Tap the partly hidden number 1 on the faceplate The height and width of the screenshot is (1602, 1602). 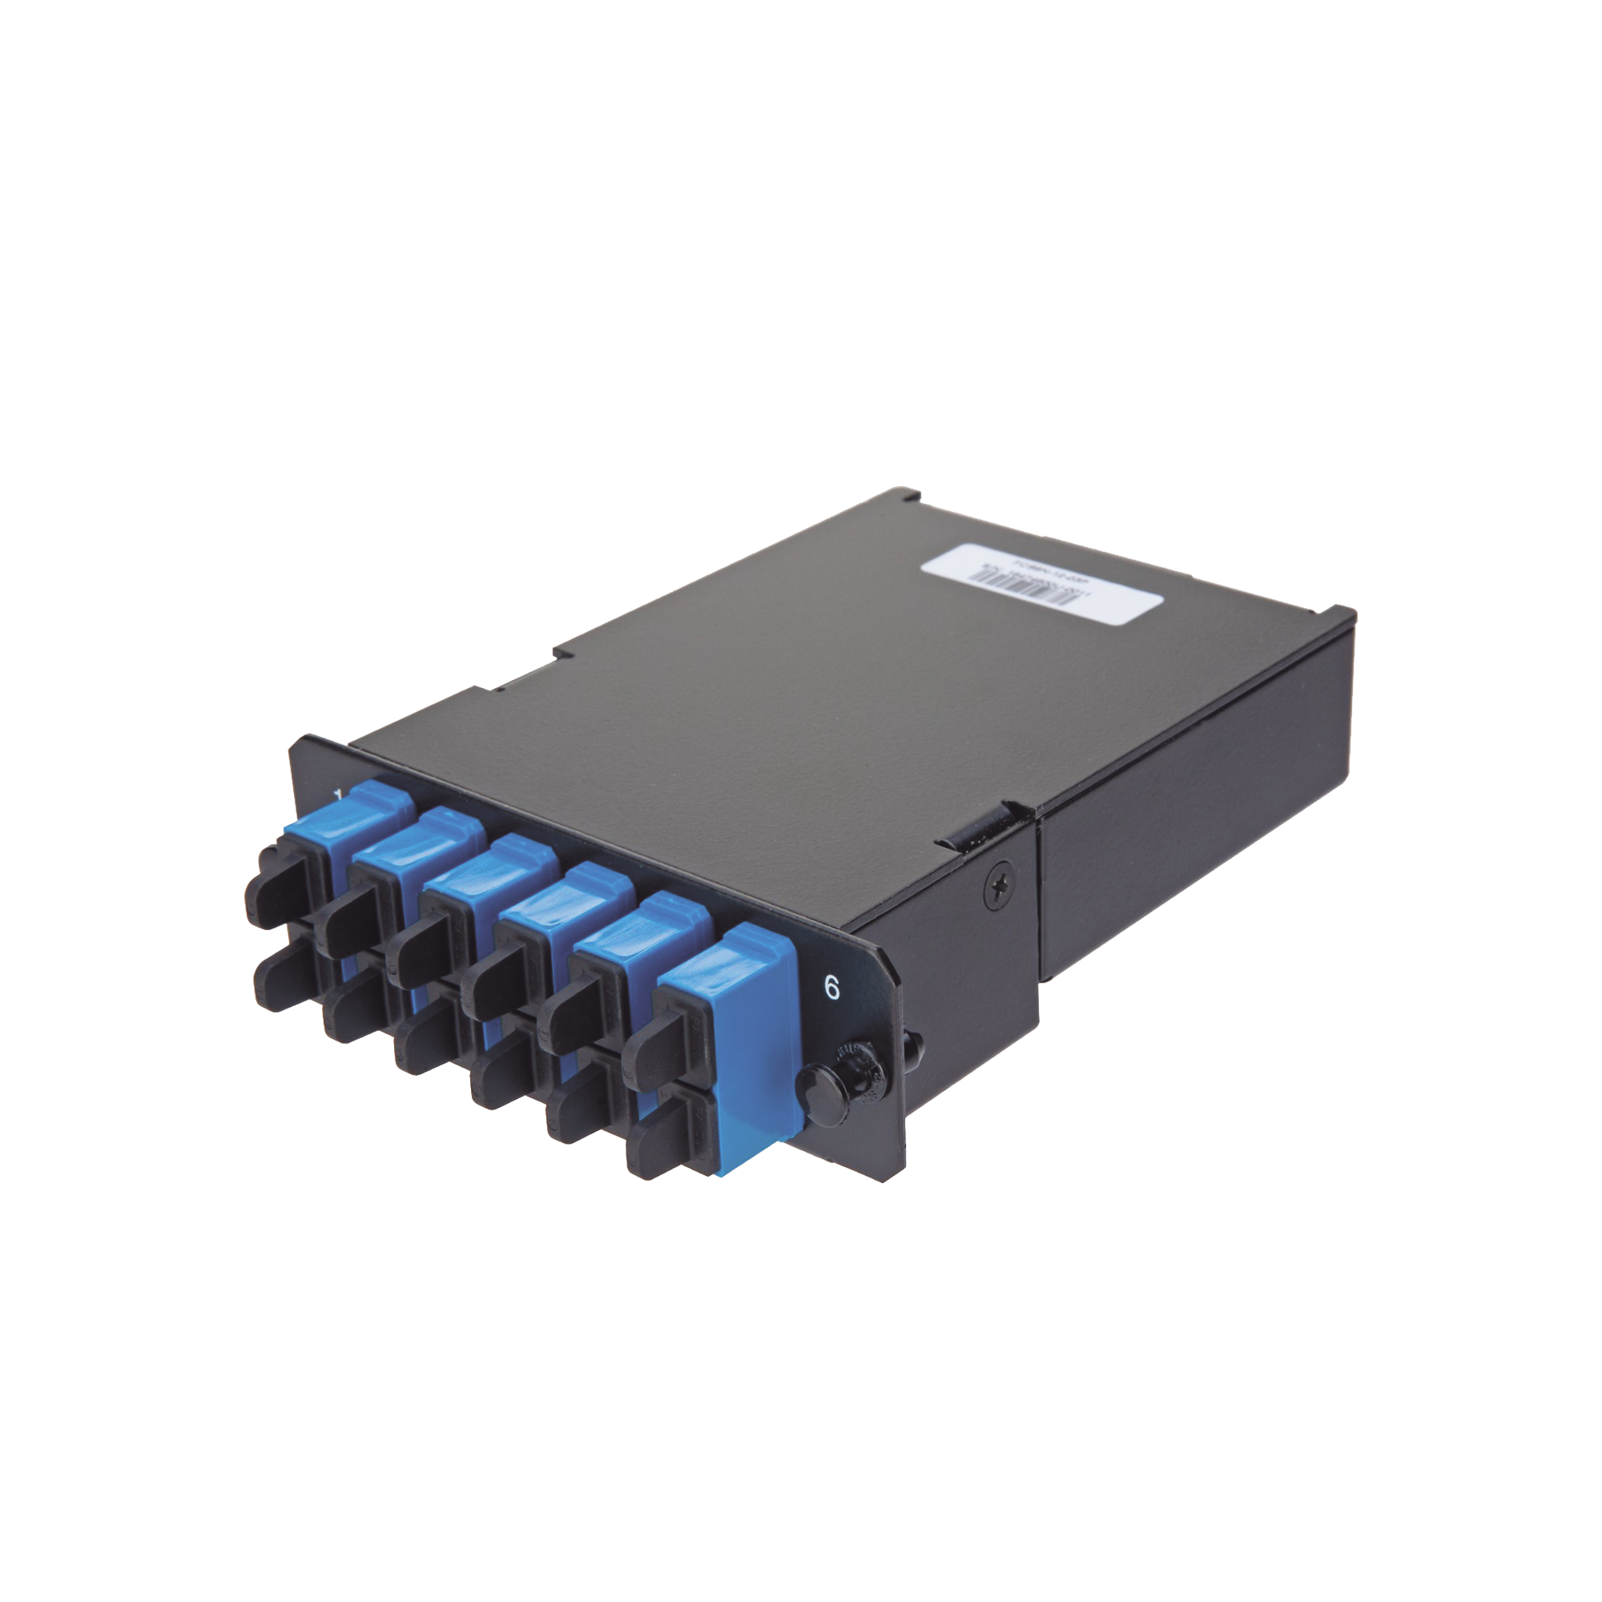click(x=337, y=797)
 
